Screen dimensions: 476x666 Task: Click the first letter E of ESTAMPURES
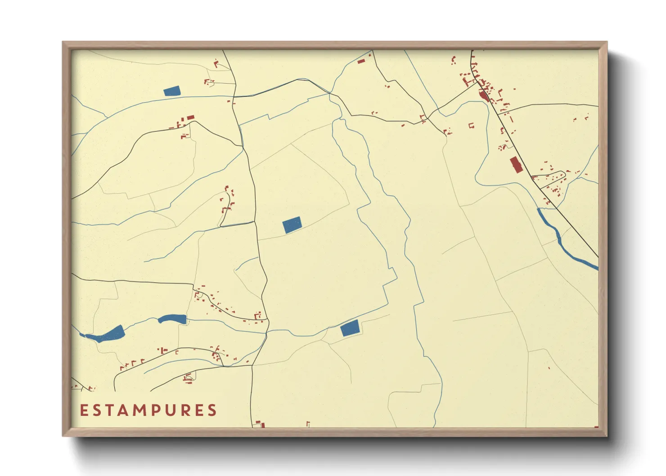pyautogui.click(x=84, y=410)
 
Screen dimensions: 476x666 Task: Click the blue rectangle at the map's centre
pyautogui.click(x=292, y=225)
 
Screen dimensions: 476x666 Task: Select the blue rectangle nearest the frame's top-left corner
pyautogui.click(x=171, y=91)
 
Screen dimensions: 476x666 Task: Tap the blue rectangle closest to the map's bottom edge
pyautogui.click(x=350, y=328)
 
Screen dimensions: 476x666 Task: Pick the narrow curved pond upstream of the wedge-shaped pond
pyautogui.click(x=172, y=319)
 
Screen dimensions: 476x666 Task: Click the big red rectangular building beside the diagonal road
pyautogui.click(x=515, y=164)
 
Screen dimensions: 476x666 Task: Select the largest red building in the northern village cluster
pyautogui.click(x=484, y=96)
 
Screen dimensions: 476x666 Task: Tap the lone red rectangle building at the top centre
pyautogui.click(x=361, y=61)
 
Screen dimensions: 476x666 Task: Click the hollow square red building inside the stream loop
pyautogui.click(x=472, y=126)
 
